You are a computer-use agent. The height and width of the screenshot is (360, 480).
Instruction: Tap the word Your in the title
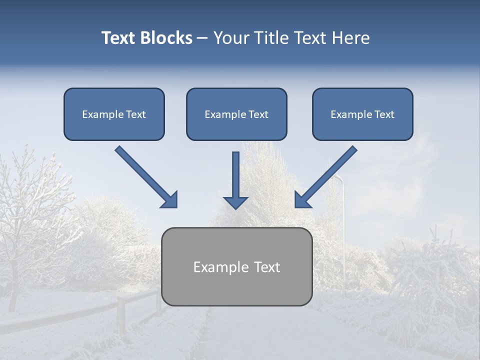232,38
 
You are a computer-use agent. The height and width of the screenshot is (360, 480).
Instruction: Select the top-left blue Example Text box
114,114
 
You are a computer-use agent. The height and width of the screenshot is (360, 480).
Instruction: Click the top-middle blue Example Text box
236,114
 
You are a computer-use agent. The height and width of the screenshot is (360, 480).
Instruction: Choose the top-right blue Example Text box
362,114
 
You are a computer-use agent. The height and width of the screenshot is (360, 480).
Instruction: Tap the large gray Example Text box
236,266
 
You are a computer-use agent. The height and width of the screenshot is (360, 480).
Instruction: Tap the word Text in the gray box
267,267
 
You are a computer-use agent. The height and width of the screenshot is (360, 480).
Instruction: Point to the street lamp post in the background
343,235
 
